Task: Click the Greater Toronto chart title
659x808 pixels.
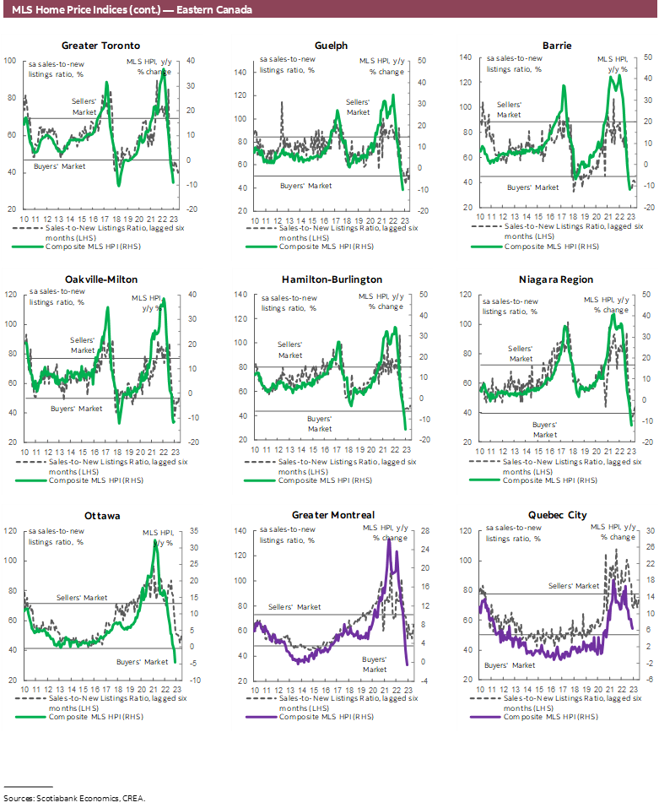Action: coord(101,46)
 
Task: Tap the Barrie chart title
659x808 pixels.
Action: coord(559,46)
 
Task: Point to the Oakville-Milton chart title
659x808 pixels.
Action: coord(101,279)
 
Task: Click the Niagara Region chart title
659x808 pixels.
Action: coord(559,279)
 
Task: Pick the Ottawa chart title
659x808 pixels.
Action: coord(101,514)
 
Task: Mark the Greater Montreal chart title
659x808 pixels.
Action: coord(333,514)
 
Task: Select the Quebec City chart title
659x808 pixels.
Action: coord(558,514)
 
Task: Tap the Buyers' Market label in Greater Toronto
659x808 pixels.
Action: coord(59,166)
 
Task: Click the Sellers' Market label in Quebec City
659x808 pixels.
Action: coord(574,585)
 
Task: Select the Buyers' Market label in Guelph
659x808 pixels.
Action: coord(306,185)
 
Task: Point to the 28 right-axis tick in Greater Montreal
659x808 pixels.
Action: coord(425,531)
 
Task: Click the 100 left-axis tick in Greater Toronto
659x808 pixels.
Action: coord(10,61)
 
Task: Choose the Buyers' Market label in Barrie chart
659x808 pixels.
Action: coord(533,187)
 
